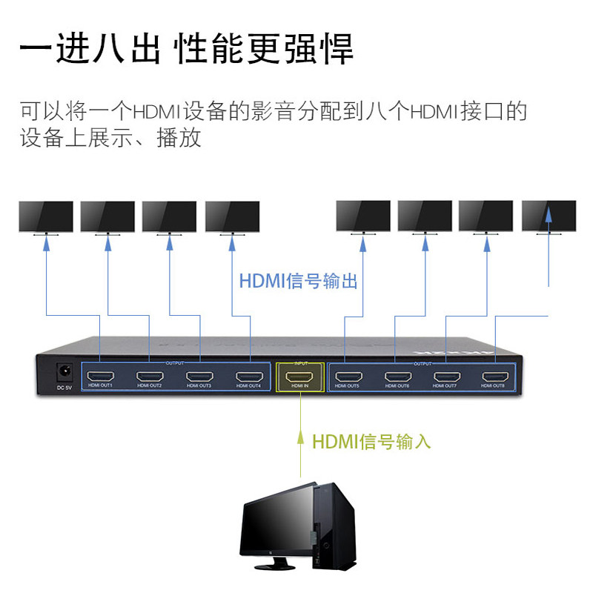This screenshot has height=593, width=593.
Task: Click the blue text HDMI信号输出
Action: click(x=298, y=282)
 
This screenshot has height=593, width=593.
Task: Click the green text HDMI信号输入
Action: click(x=371, y=442)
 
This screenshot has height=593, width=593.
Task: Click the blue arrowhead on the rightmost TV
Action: click(x=549, y=214)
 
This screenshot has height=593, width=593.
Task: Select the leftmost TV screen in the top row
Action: click(x=46, y=216)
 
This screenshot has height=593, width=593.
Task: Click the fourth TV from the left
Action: click(x=232, y=216)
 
